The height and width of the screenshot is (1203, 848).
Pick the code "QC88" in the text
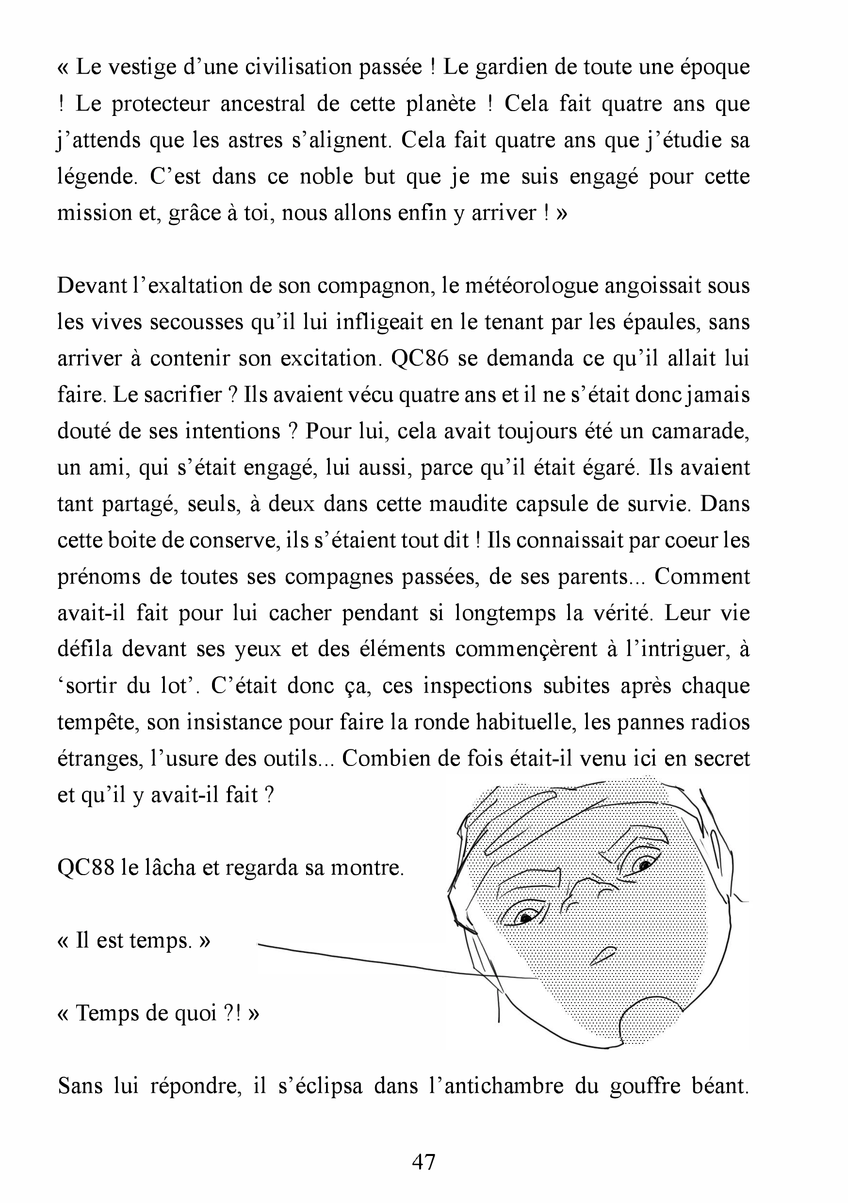[86, 868]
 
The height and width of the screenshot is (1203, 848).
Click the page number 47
[424, 1162]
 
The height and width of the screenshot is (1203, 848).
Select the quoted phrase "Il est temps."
[134, 941]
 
